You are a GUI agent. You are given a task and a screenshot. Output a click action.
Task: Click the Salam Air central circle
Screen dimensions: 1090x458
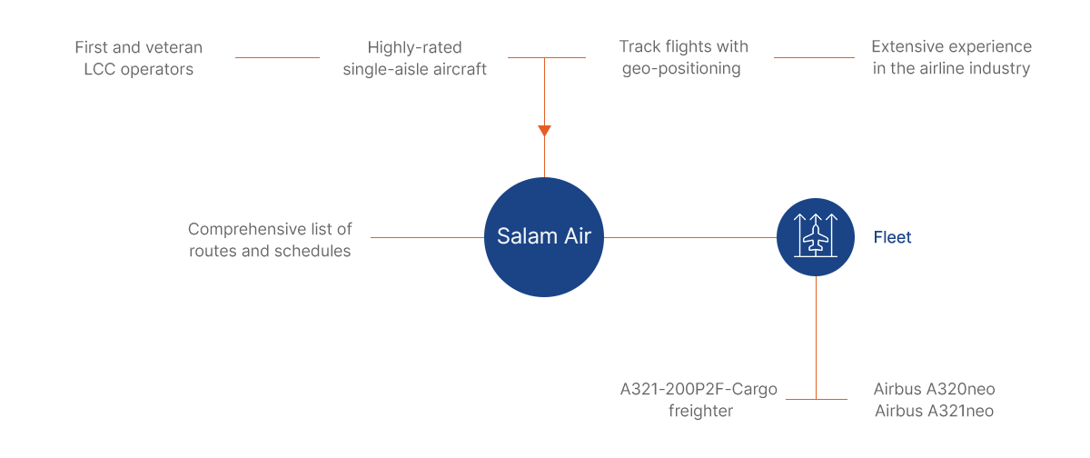[x=544, y=237]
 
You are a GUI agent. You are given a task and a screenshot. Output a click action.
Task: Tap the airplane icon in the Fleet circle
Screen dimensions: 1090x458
[x=816, y=236]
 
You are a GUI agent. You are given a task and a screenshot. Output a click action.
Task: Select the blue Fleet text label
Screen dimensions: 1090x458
[x=892, y=237]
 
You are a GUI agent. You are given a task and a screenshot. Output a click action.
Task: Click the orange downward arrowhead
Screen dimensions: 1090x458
[x=544, y=131]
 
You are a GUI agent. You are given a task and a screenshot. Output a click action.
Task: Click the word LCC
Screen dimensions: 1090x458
[x=100, y=69]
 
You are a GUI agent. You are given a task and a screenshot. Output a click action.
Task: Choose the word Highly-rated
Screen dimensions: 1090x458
[x=414, y=47]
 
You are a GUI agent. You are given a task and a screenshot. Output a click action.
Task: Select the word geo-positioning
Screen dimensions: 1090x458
[x=681, y=69]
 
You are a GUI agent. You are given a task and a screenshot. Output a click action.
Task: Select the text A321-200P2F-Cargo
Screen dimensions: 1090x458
[x=699, y=389]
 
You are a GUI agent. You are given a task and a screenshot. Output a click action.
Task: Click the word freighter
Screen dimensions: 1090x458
[x=700, y=411]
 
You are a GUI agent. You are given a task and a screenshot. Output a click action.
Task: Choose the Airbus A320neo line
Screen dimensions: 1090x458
[x=935, y=389]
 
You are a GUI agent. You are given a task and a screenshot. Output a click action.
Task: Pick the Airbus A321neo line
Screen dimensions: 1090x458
[x=935, y=411]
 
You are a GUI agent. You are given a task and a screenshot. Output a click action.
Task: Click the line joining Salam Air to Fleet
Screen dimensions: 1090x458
[x=690, y=237]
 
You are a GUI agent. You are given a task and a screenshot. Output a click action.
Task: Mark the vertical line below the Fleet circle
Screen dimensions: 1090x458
[x=816, y=338]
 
